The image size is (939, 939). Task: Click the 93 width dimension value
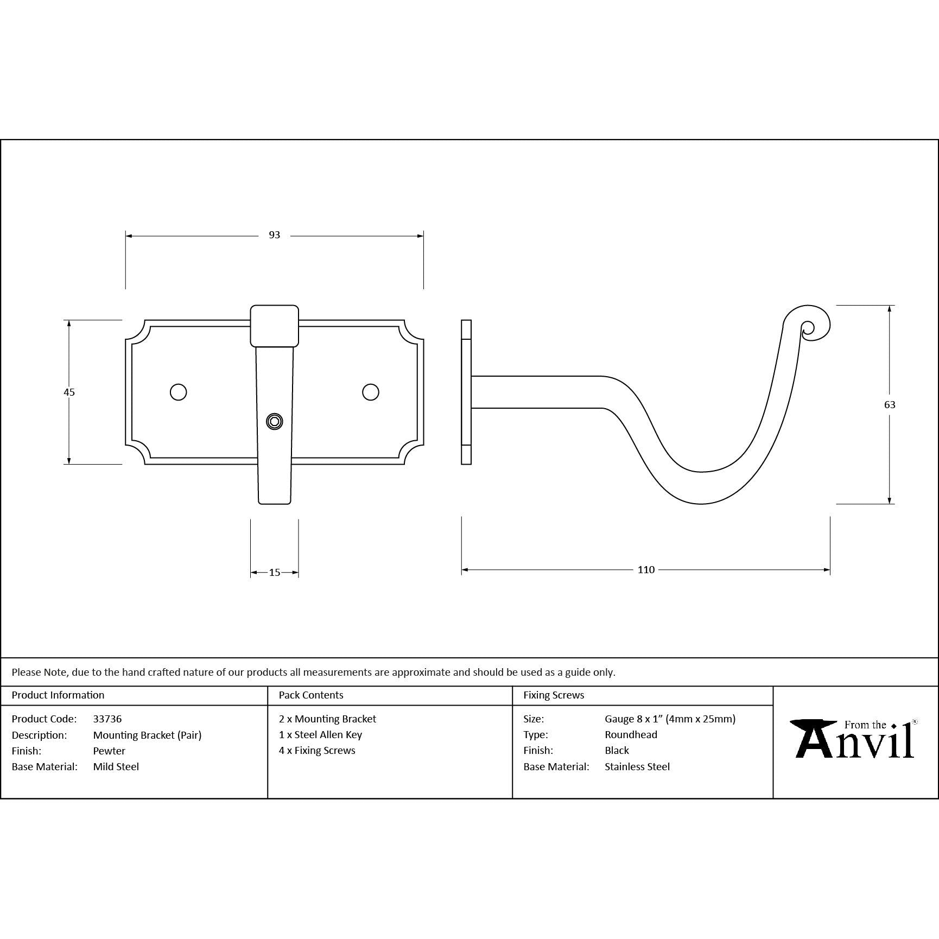[x=274, y=235]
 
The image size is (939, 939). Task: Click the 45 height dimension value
[x=69, y=392]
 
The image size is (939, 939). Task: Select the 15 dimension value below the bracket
[x=274, y=572]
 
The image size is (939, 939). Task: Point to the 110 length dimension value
[x=646, y=569]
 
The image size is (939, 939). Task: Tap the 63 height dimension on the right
[x=890, y=404]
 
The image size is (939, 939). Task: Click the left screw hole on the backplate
[x=178, y=392]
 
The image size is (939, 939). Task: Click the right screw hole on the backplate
[x=371, y=392]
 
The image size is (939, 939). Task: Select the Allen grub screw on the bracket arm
[x=274, y=422]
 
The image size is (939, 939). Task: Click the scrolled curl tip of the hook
[x=808, y=327]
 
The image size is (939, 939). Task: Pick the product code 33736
[x=107, y=719]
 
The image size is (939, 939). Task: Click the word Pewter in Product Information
[x=109, y=751]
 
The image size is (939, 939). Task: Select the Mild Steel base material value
[x=116, y=766]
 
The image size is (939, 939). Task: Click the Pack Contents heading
[x=311, y=695]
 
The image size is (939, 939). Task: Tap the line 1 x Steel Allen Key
[x=320, y=734]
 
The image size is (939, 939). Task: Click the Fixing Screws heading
[x=554, y=695]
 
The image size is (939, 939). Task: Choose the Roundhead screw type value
[x=631, y=734]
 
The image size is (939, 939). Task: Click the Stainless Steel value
[x=637, y=766]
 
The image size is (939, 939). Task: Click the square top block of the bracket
[x=274, y=326]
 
